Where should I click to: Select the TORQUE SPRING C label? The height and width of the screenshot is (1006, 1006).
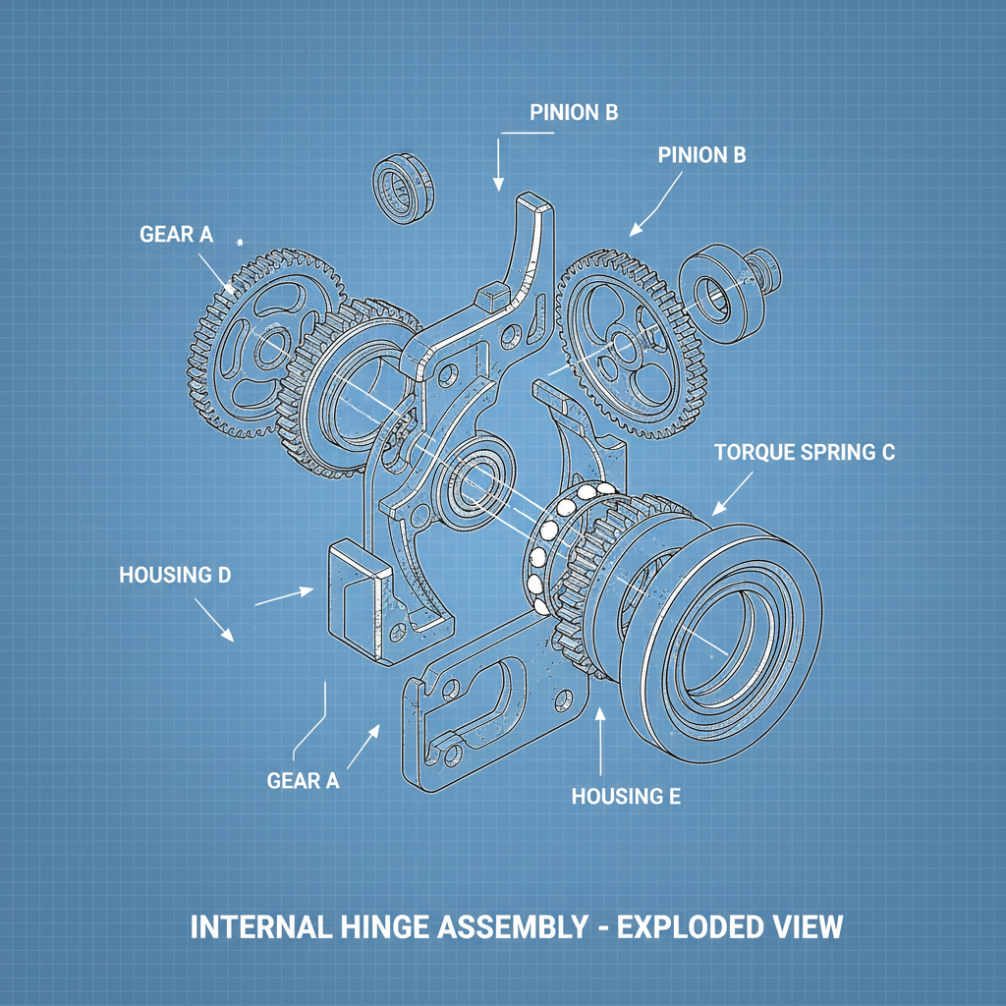pyautogui.click(x=805, y=453)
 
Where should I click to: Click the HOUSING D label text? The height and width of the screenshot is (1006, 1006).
pyautogui.click(x=175, y=575)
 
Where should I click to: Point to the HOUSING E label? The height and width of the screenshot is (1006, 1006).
pyautogui.click(x=626, y=796)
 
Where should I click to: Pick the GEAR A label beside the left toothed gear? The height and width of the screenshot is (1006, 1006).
pyautogui.click(x=176, y=234)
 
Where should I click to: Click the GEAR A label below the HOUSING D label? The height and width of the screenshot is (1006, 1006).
pyautogui.click(x=303, y=781)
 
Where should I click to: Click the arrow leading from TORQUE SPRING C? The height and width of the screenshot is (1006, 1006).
pyautogui.click(x=731, y=494)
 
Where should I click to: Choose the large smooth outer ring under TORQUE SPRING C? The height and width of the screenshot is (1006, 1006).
pyautogui.click(x=731, y=643)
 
